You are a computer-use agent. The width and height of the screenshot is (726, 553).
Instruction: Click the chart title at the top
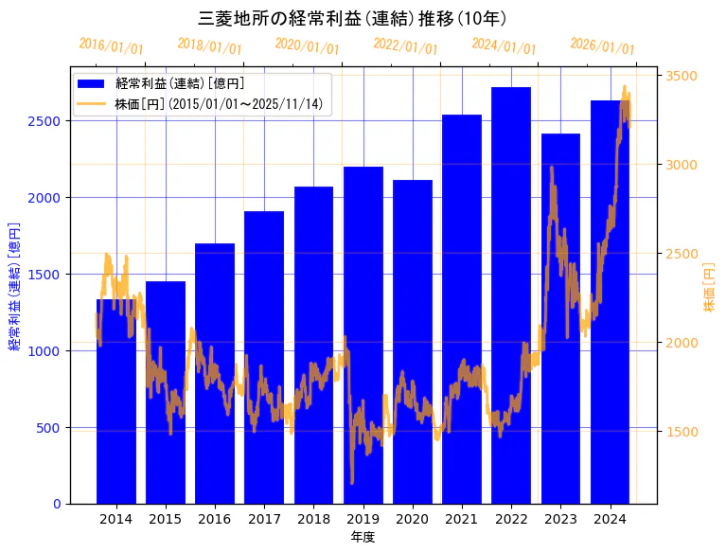(x=352, y=19)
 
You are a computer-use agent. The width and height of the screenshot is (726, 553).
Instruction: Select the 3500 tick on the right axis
(x=683, y=76)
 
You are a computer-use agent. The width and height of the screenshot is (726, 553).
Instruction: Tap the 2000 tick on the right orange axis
(x=683, y=343)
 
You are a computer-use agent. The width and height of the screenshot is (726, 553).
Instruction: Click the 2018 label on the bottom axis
(x=313, y=519)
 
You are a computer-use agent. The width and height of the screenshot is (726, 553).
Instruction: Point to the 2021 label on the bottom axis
(x=462, y=519)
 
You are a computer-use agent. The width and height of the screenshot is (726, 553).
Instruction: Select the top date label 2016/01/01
(x=111, y=46)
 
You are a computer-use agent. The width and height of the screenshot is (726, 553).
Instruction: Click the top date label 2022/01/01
(x=406, y=46)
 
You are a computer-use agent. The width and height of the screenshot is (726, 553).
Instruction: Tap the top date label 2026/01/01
(x=603, y=46)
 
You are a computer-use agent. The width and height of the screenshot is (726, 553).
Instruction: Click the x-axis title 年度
(x=363, y=537)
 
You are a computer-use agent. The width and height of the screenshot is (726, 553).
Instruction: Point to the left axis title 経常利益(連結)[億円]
(x=15, y=285)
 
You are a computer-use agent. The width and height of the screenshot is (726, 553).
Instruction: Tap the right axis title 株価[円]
(x=710, y=289)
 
